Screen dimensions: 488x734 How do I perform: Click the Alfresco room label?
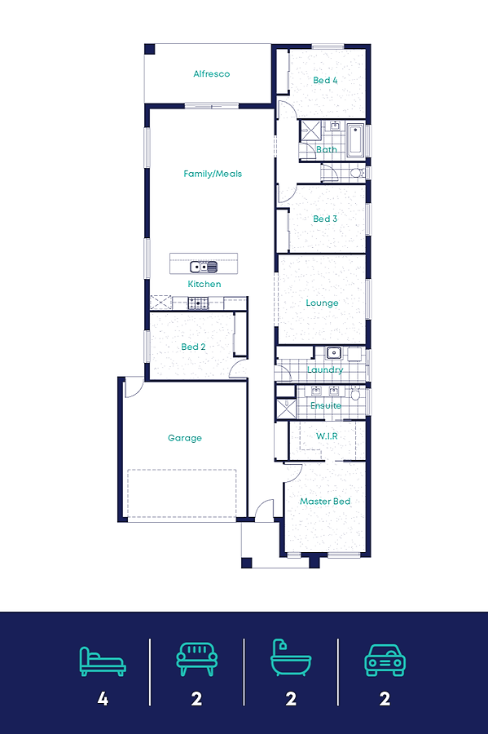211,74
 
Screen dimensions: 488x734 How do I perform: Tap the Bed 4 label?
325,80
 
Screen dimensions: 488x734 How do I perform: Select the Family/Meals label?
213,174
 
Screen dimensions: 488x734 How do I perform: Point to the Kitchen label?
204,284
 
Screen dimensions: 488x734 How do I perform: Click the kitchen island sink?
204,267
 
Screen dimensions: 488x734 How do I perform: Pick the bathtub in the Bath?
355,139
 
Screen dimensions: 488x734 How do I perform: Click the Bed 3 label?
325,219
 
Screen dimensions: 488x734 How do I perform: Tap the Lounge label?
322,303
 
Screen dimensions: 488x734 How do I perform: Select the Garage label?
185,438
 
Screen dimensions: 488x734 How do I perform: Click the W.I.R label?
327,436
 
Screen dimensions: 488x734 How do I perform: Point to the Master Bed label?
325,502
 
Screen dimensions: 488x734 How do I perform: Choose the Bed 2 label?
194,347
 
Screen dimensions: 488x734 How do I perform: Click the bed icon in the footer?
103,661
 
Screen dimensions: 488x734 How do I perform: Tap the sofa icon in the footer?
197,659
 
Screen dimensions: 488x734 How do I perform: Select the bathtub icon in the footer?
291,657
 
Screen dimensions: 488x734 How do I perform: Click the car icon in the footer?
385,661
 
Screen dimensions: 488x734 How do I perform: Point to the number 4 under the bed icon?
103,699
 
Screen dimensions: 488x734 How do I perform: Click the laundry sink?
334,352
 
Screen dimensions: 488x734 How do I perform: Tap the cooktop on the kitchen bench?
198,303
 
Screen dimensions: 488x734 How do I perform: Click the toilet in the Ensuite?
356,394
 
